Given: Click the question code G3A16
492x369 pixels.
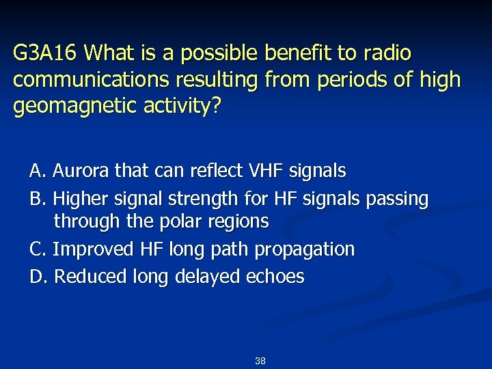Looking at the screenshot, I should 46,53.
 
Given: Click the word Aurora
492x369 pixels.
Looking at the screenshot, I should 77,170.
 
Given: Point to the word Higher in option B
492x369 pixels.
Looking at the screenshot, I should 81,199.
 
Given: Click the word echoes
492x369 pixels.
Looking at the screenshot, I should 275,277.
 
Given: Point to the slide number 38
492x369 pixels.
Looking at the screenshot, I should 260,360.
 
